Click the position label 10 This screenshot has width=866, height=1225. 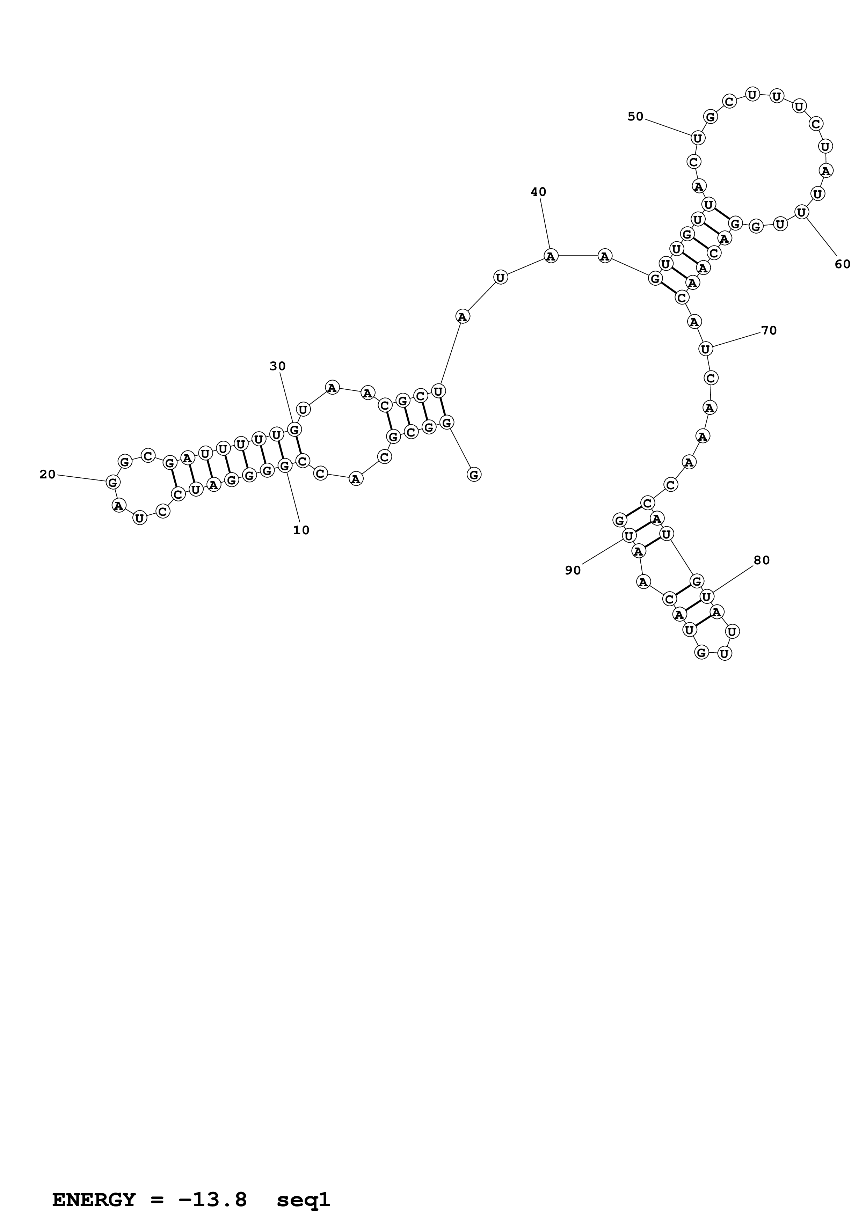click(x=301, y=530)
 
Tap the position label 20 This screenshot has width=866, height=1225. click(x=48, y=474)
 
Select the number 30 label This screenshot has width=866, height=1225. click(x=277, y=366)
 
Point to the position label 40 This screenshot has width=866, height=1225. click(x=538, y=192)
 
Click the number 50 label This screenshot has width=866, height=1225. click(x=635, y=116)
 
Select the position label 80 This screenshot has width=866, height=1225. click(x=762, y=560)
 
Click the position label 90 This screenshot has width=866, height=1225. click(x=573, y=570)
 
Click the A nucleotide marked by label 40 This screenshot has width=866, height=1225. click(x=551, y=256)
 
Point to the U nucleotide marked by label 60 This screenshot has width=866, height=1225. click(x=801, y=212)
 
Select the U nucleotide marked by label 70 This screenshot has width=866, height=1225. click(x=705, y=349)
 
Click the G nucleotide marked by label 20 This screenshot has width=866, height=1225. click(x=112, y=482)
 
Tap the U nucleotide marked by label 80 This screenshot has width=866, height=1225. click(x=706, y=596)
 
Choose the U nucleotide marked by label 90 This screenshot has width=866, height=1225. click(x=629, y=535)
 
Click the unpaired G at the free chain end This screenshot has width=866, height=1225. click(x=474, y=474)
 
